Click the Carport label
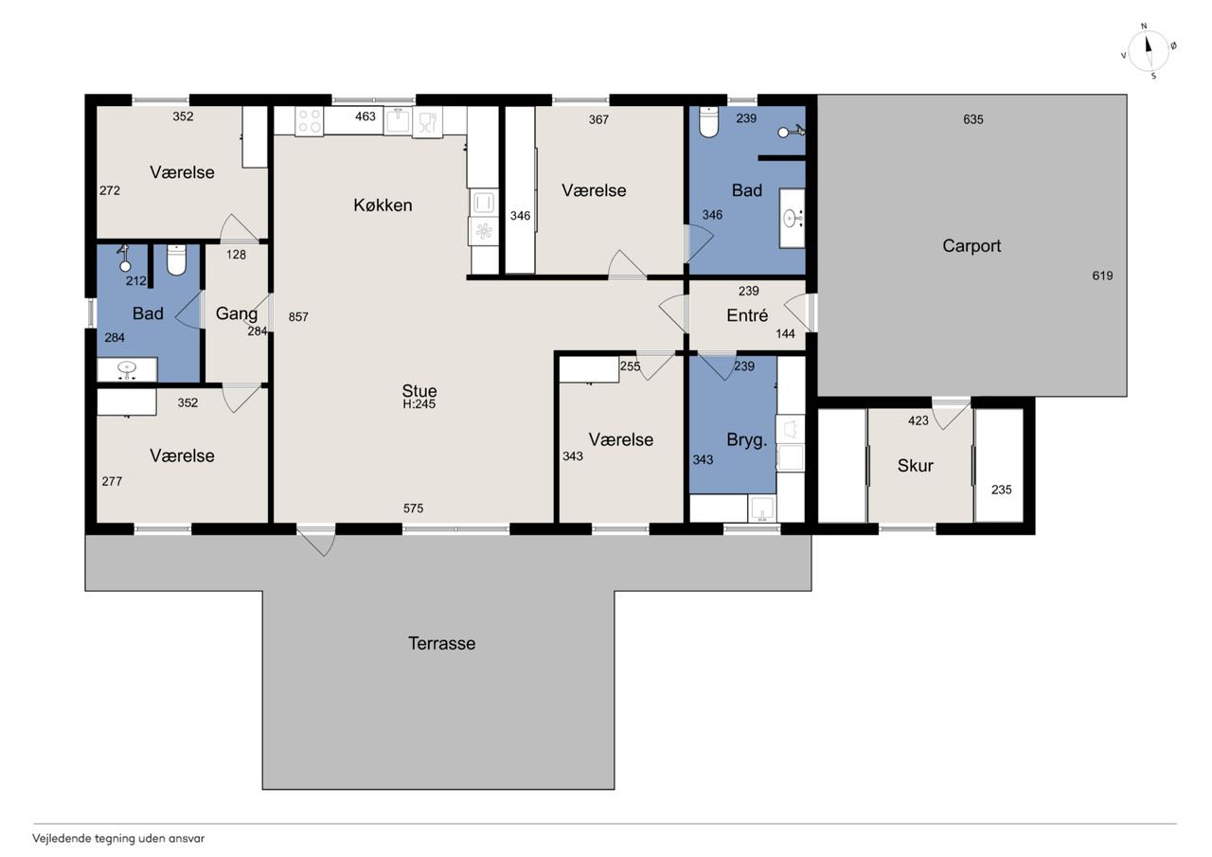(971, 246)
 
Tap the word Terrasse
(441, 643)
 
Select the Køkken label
(383, 205)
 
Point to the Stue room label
(419, 390)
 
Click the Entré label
(747, 315)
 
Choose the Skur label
(915, 465)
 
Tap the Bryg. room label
(747, 440)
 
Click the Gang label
(237, 313)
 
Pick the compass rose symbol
(1149, 52)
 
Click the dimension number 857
(298, 317)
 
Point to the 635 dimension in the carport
(972, 119)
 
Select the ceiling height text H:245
(419, 404)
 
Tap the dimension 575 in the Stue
(413, 508)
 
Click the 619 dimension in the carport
(1102, 276)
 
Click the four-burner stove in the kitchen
(309, 120)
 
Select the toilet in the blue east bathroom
(708, 122)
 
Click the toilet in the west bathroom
(176, 259)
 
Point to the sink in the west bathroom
(127, 369)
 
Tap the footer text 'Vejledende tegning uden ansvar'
(118, 839)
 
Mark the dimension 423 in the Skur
(918, 420)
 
